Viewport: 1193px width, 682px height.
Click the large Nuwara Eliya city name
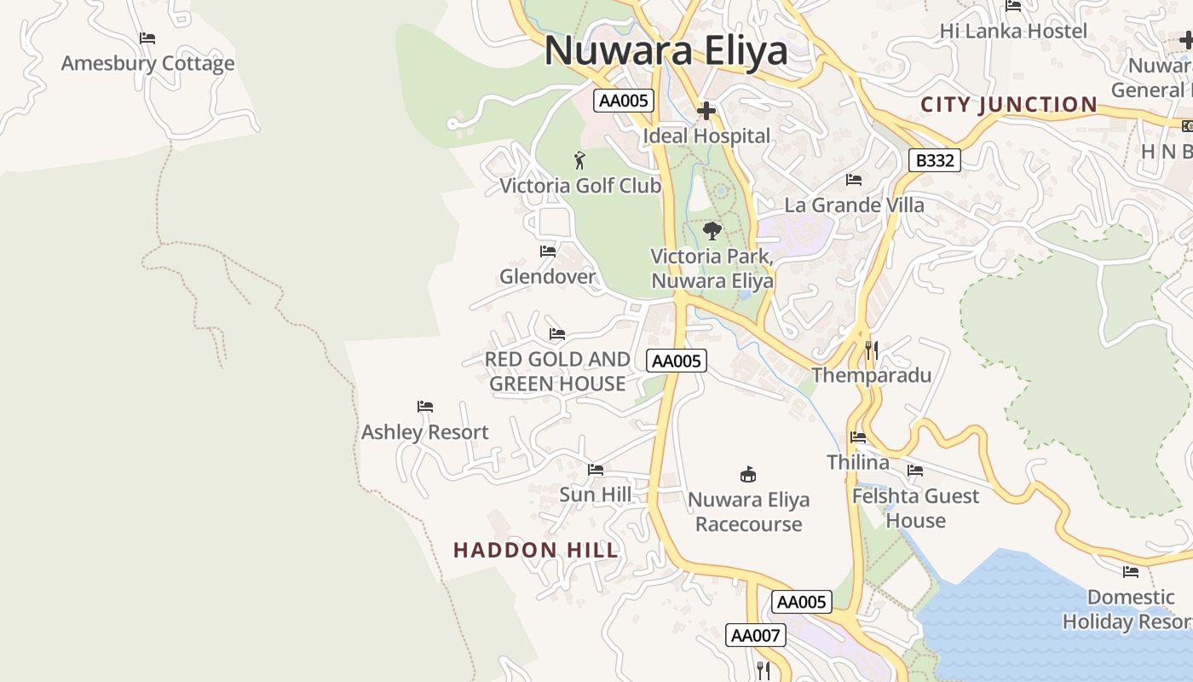coord(666,50)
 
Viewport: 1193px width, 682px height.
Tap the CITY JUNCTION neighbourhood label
coord(1009,105)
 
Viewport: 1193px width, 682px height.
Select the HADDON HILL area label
coord(535,550)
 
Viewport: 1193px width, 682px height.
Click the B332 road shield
coord(934,160)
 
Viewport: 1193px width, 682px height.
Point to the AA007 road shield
coord(754,635)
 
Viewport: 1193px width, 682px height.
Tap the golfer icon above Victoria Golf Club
coord(579,159)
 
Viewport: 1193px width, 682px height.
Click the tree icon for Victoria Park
coord(712,230)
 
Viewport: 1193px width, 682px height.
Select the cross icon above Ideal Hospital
coord(706,111)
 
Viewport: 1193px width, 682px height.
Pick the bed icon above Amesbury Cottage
coord(147,38)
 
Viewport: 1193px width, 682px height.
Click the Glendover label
coord(547,276)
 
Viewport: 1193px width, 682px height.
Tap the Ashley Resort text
coord(424,432)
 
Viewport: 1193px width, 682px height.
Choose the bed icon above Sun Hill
coord(596,470)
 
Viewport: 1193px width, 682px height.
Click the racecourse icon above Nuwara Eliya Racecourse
coord(748,474)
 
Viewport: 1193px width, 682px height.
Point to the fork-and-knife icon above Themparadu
coord(871,350)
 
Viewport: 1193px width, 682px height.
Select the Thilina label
coord(858,462)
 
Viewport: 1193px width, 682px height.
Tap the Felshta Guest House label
coord(916,508)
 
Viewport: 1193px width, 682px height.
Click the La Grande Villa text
coord(854,205)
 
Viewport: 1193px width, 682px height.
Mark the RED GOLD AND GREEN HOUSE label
coord(557,372)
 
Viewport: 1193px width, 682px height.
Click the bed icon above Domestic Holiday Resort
coord(1131,572)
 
